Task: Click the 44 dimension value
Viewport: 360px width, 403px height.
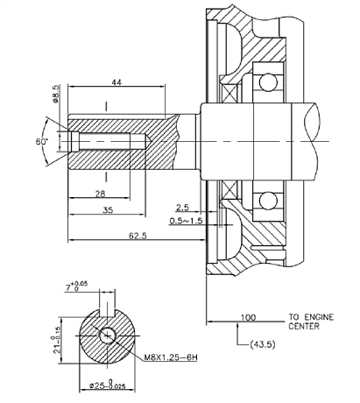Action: click(x=116, y=82)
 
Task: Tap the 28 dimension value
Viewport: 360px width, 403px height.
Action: click(x=101, y=193)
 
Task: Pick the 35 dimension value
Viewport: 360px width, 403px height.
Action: click(x=107, y=210)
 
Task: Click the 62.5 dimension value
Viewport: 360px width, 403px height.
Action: click(x=135, y=235)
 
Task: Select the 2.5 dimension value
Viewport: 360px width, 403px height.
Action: click(x=183, y=209)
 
